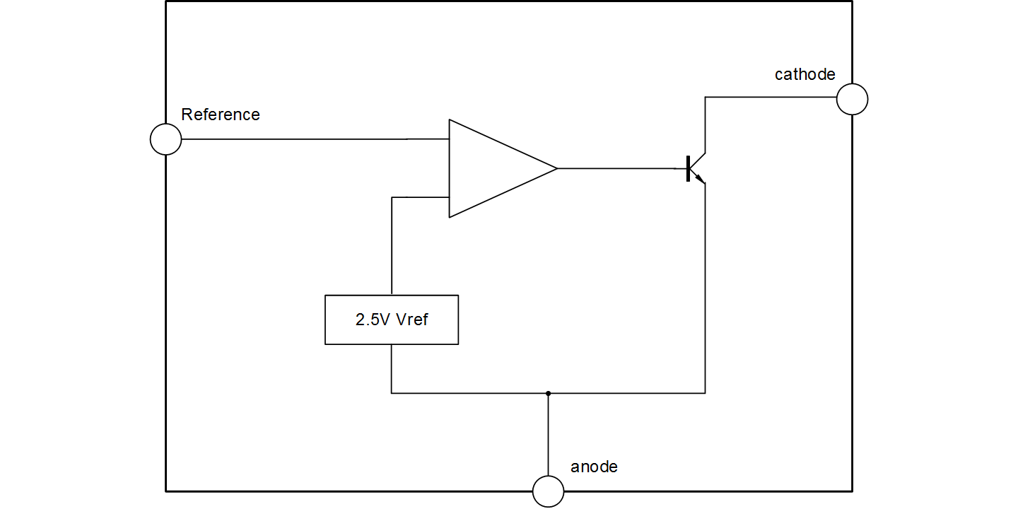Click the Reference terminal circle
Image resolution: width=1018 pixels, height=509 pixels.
pos(166,139)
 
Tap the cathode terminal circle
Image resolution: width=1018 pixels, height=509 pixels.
pos(852,98)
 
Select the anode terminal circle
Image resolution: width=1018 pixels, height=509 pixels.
pos(548,491)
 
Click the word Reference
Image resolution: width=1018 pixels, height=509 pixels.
pos(221,115)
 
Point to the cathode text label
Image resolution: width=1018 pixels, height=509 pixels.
pos(805,74)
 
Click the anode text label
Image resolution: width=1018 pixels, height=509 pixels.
pos(594,467)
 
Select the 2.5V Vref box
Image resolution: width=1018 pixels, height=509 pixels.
pos(392,320)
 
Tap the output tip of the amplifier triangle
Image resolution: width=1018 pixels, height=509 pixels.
pos(556,168)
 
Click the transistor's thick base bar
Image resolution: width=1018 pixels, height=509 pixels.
pos(688,168)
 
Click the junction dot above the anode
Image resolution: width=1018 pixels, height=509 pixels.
pos(548,393)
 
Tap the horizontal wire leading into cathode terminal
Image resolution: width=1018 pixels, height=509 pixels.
pos(771,98)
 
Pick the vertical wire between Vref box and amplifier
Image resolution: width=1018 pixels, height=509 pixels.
pos(392,247)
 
